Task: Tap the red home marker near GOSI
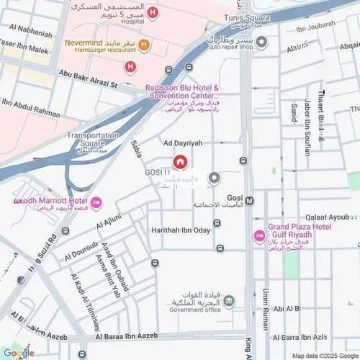point(179,163)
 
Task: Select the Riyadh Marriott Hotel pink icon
point(96,202)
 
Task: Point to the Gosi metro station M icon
point(249,201)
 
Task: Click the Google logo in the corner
point(18,353)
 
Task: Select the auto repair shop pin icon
point(261,42)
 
